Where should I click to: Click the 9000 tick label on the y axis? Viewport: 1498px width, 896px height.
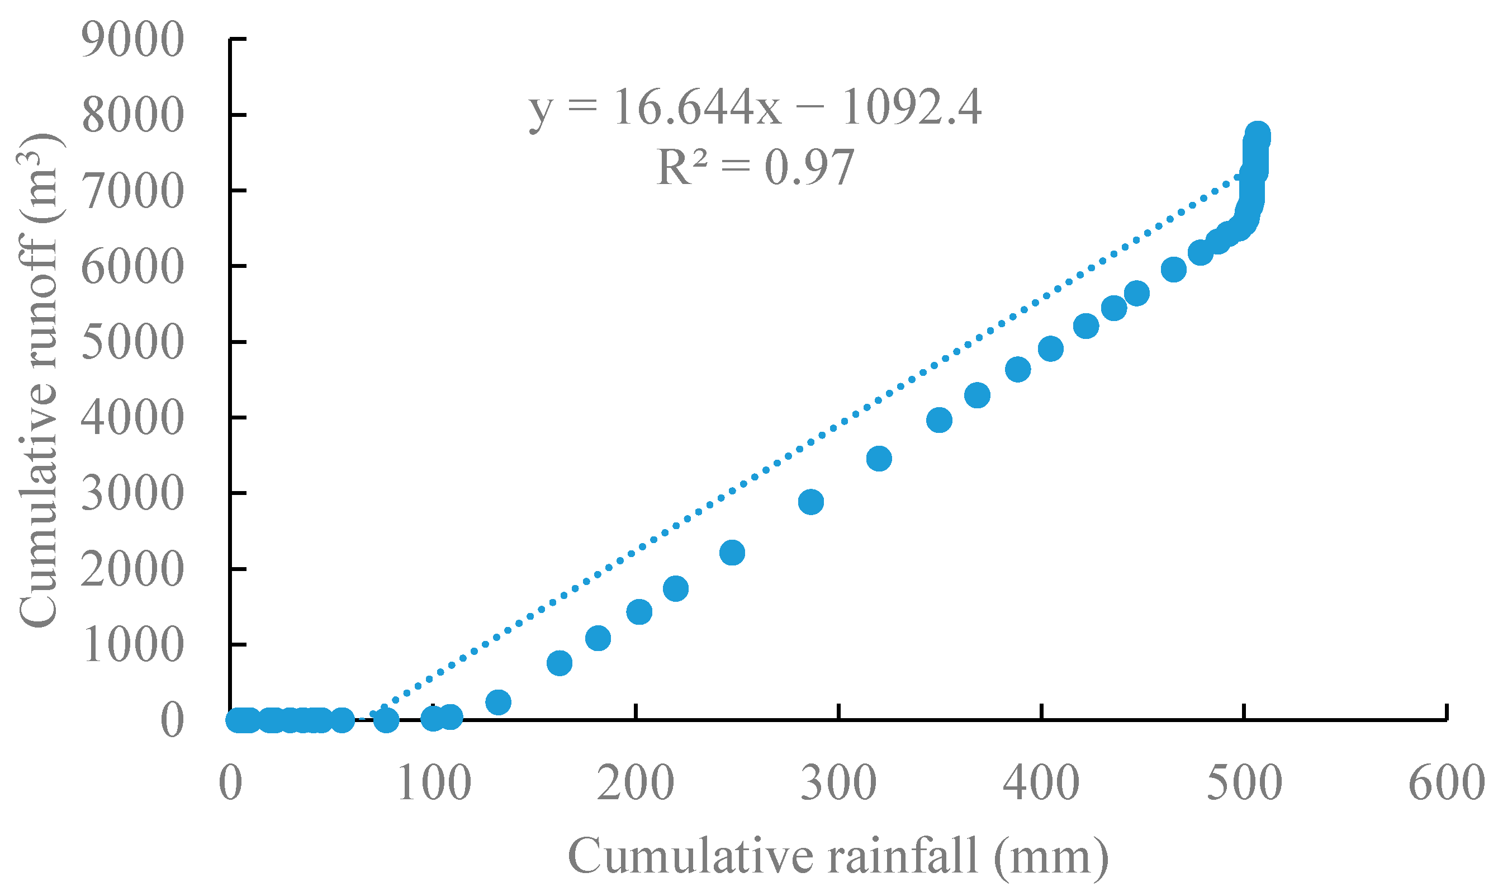click(x=132, y=40)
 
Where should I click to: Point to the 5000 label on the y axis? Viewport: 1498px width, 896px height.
click(x=132, y=343)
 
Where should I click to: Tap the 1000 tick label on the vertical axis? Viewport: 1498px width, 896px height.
click(x=132, y=645)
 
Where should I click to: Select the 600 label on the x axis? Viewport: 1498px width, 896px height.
click(x=1446, y=783)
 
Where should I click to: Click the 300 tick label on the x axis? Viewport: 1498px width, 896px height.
click(x=838, y=783)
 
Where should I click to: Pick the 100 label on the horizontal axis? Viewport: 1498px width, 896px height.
click(x=434, y=783)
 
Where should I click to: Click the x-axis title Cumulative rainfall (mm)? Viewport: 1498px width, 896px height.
click(x=838, y=856)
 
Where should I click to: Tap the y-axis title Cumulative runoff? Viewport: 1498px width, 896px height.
click(x=37, y=380)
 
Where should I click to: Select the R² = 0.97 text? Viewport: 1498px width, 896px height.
click(x=755, y=167)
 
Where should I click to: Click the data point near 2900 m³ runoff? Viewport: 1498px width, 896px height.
click(x=811, y=502)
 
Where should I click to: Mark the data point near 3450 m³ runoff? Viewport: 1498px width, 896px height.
click(x=879, y=459)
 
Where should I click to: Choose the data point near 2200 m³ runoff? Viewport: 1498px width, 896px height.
click(x=732, y=553)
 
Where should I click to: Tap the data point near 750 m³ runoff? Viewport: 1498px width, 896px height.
click(x=560, y=663)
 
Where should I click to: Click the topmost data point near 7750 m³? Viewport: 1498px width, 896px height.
click(x=1258, y=134)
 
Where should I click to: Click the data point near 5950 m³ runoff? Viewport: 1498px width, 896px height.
click(x=1173, y=269)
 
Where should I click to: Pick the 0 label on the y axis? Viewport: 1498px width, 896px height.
click(x=172, y=720)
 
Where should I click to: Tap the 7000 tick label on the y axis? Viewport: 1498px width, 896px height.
click(x=132, y=192)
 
